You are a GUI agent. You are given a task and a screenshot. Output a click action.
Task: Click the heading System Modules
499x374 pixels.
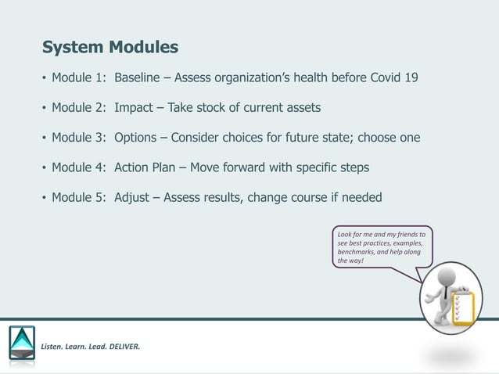[x=109, y=48]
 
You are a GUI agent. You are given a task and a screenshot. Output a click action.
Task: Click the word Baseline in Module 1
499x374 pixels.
[x=141, y=78]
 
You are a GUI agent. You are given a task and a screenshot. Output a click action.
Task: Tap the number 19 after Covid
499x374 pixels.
[x=411, y=78]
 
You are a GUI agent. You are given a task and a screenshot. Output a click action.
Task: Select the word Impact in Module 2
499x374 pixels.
[x=134, y=108]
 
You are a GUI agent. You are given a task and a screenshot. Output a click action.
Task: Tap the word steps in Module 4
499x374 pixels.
[x=352, y=167]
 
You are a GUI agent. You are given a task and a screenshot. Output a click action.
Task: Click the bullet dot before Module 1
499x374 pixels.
[x=44, y=79]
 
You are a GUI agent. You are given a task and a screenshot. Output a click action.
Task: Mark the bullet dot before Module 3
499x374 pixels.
[x=44, y=138]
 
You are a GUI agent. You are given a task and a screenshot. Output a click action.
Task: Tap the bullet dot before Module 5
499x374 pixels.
[x=44, y=198]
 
